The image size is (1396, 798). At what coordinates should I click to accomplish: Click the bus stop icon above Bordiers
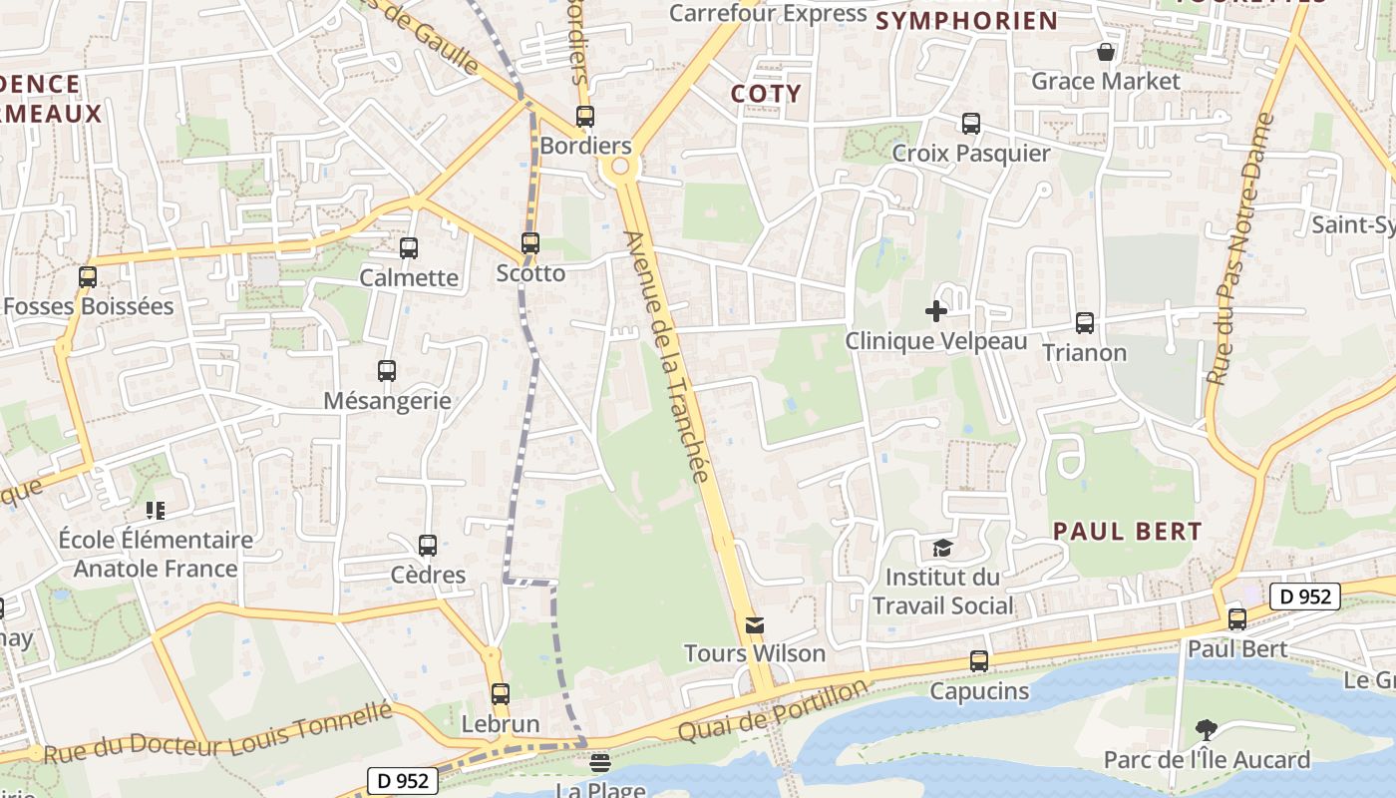click(x=585, y=117)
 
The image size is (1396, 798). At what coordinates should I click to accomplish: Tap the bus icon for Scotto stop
click(x=530, y=243)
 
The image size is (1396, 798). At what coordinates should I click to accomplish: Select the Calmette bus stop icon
click(x=409, y=248)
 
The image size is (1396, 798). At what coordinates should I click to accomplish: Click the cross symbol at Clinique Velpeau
click(x=936, y=311)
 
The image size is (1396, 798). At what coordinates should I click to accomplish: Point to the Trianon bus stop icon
click(x=1085, y=323)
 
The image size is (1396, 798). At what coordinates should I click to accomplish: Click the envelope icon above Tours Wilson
click(x=755, y=625)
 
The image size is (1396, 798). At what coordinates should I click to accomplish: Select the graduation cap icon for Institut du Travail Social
click(x=942, y=548)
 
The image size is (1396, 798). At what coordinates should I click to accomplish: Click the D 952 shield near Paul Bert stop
click(x=1304, y=597)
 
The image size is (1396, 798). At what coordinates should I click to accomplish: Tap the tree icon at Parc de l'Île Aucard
click(x=1207, y=730)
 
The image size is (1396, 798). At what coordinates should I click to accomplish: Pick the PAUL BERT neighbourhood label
click(x=1128, y=532)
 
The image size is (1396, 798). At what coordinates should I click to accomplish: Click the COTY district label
click(x=766, y=94)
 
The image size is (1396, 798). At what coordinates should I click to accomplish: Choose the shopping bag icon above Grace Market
click(x=1106, y=52)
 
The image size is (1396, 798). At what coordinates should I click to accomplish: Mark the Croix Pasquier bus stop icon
click(x=971, y=124)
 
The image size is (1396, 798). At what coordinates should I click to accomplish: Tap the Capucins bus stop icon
click(x=979, y=661)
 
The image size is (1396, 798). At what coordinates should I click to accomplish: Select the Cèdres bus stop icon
click(x=428, y=546)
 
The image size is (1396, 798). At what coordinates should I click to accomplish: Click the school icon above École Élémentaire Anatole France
click(x=156, y=511)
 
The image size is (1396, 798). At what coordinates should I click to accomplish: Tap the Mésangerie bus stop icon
click(x=387, y=371)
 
